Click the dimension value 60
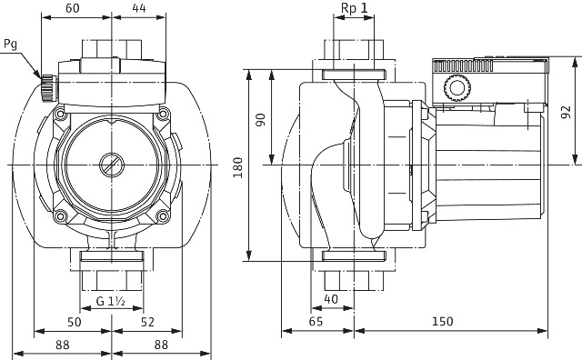[x=73, y=8]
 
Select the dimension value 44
[x=139, y=8]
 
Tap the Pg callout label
[x=10, y=45]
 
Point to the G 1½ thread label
[x=111, y=301]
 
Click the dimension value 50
[x=75, y=322]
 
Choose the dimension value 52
[x=147, y=322]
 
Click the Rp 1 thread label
[x=354, y=8]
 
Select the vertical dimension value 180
[x=238, y=167]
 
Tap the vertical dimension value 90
[x=261, y=120]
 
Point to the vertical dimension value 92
[x=566, y=112]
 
